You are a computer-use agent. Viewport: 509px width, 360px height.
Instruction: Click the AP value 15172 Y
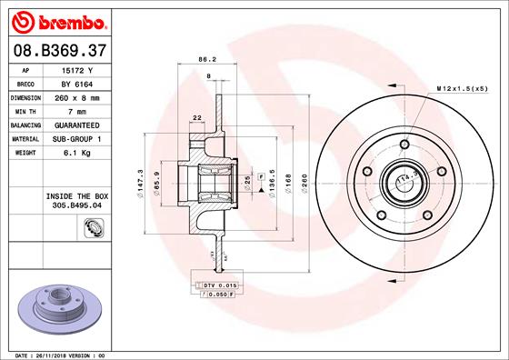pyautogui.click(x=76, y=70)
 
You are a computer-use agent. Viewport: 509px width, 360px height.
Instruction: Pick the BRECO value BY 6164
pyautogui.click(x=76, y=84)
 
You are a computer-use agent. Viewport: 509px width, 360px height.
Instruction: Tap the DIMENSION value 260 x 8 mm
pyautogui.click(x=76, y=97)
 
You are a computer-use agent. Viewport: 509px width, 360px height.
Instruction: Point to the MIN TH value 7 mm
pyautogui.click(x=76, y=111)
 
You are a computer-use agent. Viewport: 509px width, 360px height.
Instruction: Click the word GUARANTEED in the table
pyautogui.click(x=76, y=125)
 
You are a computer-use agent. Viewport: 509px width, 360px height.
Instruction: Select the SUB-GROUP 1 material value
pyautogui.click(x=76, y=138)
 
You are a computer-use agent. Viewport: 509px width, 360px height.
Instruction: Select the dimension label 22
pyautogui.click(x=196, y=117)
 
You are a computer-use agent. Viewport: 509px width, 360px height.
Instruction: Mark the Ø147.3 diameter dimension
pyautogui.click(x=139, y=179)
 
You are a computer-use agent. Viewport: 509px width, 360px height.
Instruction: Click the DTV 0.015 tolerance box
pyautogui.click(x=215, y=285)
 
